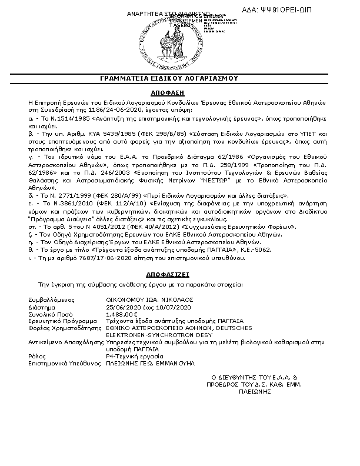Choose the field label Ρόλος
click(36, 357)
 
